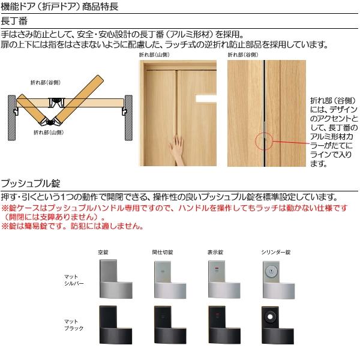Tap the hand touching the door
coord(178,148)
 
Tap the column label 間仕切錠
coord(162,252)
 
